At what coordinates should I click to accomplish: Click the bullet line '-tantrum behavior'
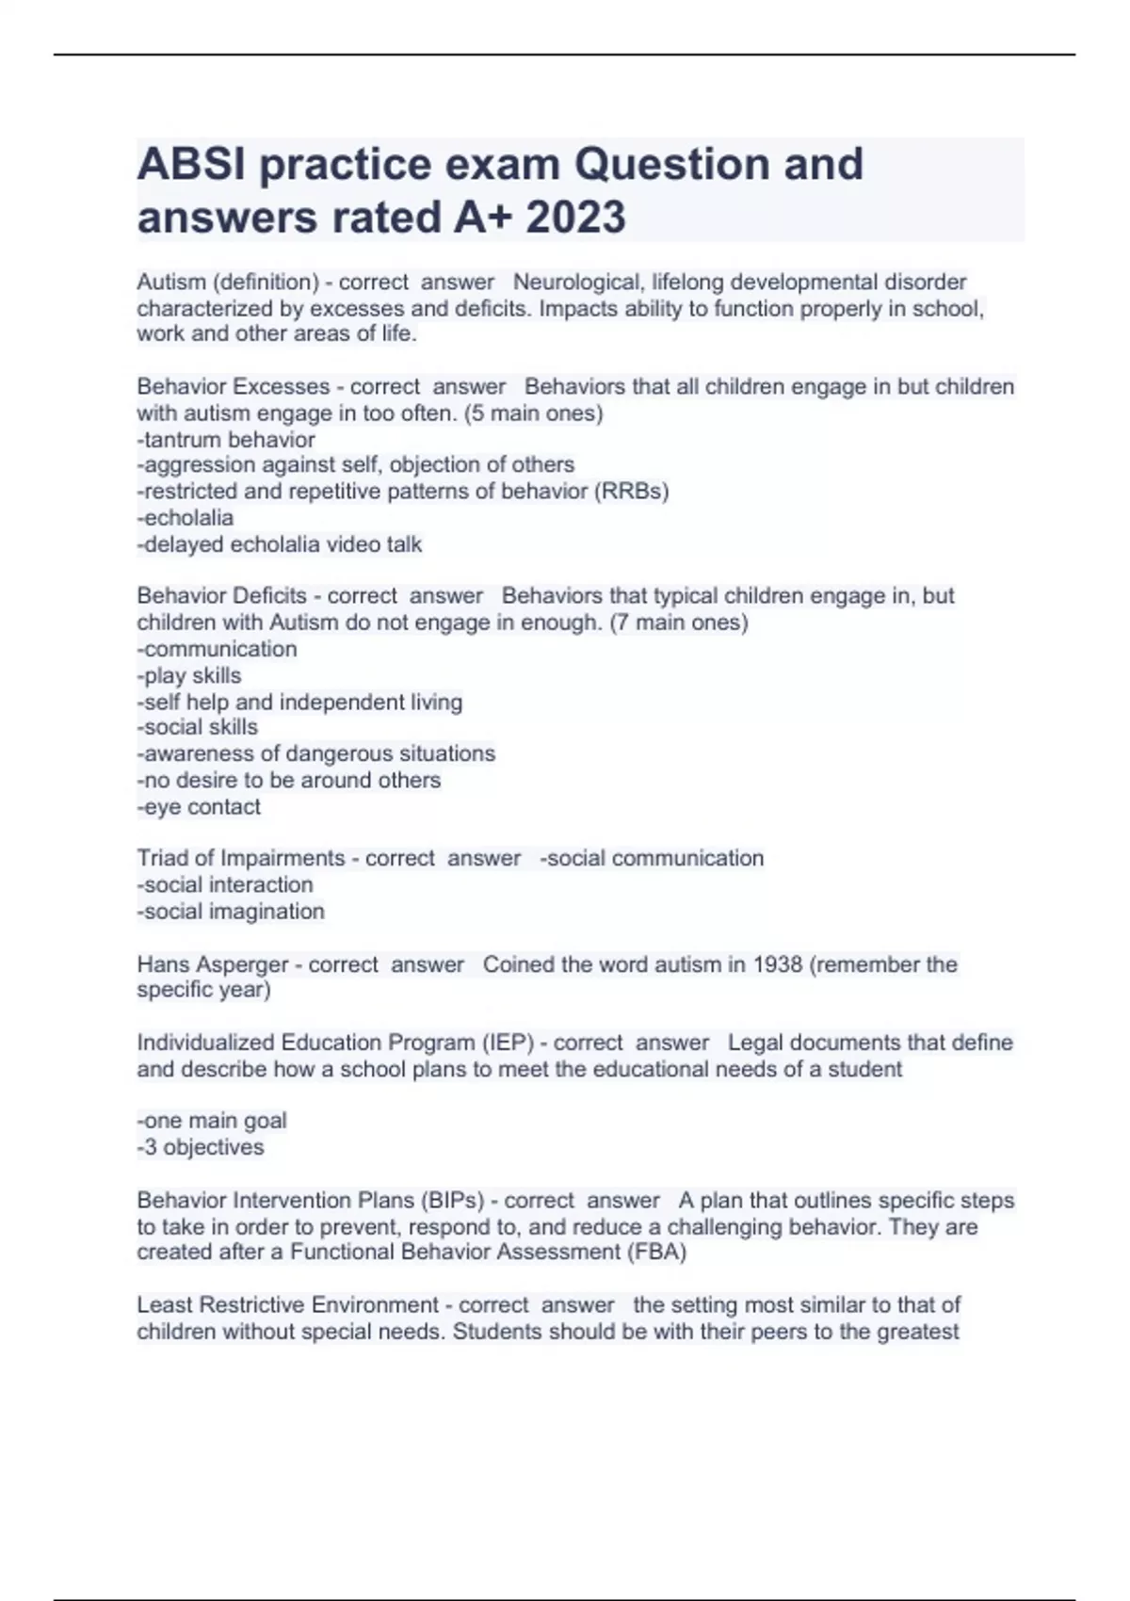[x=226, y=440]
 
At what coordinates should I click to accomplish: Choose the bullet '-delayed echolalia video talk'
[x=280, y=544]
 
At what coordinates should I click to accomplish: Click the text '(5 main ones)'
[x=534, y=413]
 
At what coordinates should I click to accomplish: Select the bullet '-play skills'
[x=189, y=675]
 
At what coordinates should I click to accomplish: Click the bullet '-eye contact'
[x=199, y=807]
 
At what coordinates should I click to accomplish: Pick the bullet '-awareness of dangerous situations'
[x=316, y=753]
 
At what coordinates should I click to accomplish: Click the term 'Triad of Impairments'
[x=241, y=859]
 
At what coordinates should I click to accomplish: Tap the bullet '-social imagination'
[x=231, y=912]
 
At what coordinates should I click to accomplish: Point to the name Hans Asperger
[x=213, y=964]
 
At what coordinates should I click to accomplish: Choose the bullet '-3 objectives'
[x=201, y=1147]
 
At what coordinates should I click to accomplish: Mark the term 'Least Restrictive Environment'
[x=287, y=1305]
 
